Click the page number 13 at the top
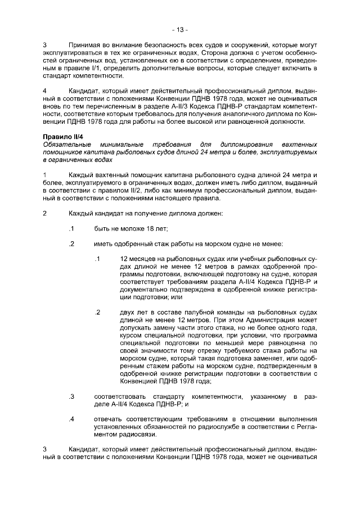pos(180,29)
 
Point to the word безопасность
pos(161,43)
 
